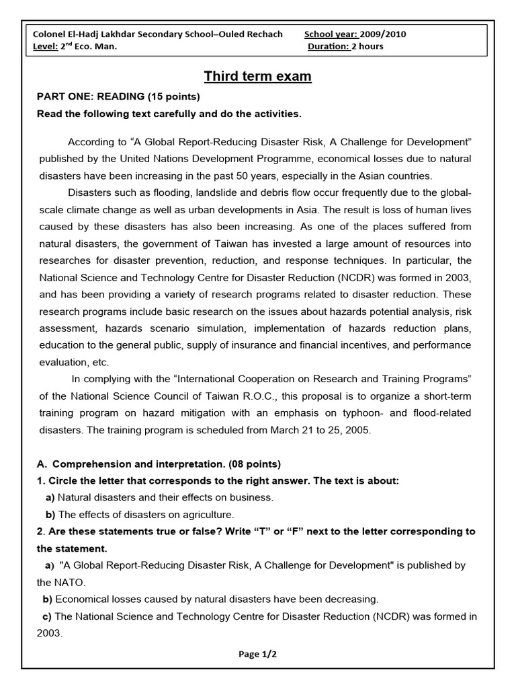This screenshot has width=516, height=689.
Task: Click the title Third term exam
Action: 258,76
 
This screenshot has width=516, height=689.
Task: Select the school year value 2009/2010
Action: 383,34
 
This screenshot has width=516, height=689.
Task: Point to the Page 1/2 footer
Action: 258,653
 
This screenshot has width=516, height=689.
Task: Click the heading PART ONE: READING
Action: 118,96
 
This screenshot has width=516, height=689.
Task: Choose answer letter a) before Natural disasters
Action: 50,497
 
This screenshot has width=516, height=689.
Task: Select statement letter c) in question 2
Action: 48,616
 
